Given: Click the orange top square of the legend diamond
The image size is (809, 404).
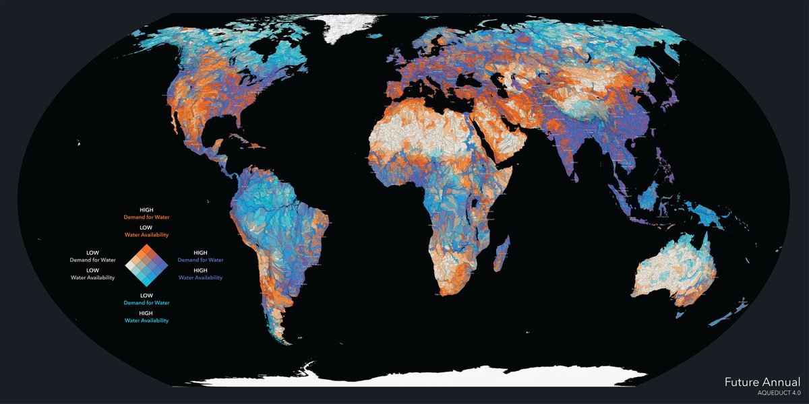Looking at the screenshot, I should (150, 251).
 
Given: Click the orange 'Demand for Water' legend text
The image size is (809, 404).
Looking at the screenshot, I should (146, 217).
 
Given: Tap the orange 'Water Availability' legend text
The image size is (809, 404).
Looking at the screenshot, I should (146, 235).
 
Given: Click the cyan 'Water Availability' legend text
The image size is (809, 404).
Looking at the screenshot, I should (146, 321).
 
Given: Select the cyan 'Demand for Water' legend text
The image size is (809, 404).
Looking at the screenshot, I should (146, 303).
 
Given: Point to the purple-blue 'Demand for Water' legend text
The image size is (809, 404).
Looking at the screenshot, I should (200, 259).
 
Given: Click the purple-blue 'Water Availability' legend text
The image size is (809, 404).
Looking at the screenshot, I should (200, 277).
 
